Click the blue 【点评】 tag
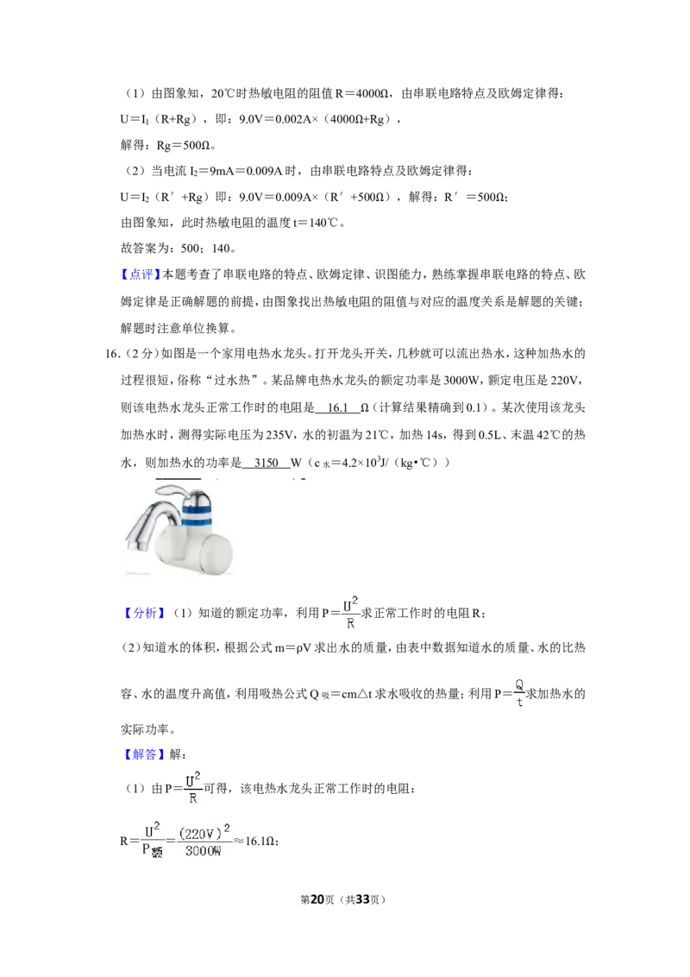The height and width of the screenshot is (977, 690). (141, 274)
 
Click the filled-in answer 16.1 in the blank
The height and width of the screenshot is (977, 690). (337, 407)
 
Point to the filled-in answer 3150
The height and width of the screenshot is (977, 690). (266, 463)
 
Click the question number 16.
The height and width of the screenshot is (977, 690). (112, 354)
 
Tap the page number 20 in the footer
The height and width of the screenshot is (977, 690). (317, 899)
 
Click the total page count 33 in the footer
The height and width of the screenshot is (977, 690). (362, 899)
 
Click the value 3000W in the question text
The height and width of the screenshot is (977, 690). (461, 381)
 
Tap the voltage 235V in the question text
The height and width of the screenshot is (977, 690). (279, 435)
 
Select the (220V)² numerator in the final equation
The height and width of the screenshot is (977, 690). (204, 832)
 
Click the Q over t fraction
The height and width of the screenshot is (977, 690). (519, 693)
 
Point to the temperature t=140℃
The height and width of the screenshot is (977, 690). (317, 223)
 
